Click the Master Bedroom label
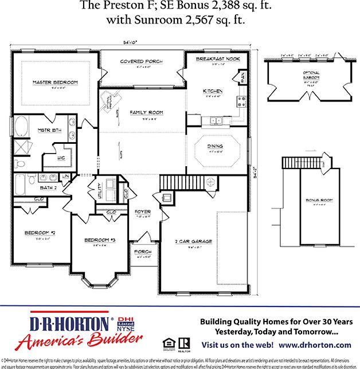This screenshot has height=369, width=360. (x=55, y=83)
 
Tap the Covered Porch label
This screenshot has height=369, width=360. (x=141, y=61)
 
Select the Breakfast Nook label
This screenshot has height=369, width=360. (x=217, y=60)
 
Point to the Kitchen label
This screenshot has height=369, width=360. (x=213, y=91)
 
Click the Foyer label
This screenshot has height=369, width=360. (x=143, y=212)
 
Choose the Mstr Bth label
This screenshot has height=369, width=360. (x=45, y=131)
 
